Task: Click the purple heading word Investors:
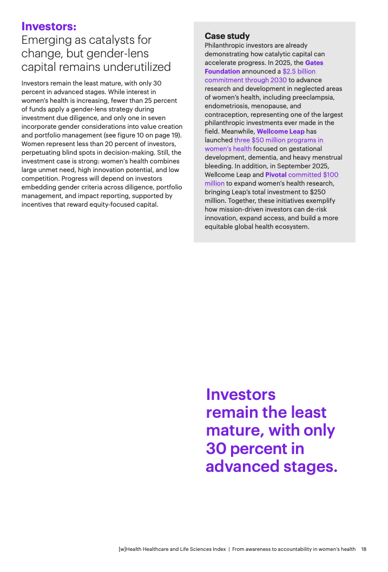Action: click(49, 26)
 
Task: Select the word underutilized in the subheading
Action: click(139, 67)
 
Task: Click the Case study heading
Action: click(227, 36)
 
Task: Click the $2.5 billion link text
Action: click(299, 71)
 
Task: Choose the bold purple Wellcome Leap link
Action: click(280, 132)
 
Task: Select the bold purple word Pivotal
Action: click(275, 175)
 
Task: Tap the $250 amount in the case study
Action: click(317, 192)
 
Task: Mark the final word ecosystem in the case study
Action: click(293, 227)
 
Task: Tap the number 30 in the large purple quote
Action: click(215, 449)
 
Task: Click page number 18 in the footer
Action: click(364, 549)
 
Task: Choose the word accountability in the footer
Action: click(294, 549)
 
